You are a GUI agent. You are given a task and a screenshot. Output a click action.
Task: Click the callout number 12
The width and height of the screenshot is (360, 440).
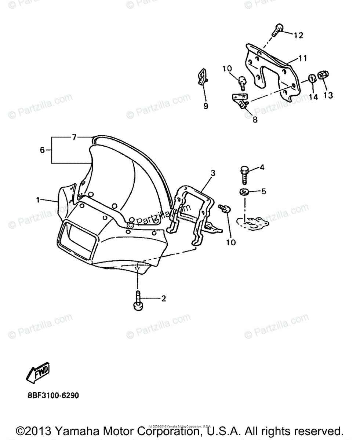(x=298, y=35)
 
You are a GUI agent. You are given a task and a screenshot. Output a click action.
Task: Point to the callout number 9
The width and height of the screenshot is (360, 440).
(x=206, y=106)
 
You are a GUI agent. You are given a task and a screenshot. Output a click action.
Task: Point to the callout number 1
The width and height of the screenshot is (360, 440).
(x=37, y=200)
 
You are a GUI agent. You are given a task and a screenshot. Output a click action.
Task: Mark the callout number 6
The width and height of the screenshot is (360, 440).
(x=42, y=150)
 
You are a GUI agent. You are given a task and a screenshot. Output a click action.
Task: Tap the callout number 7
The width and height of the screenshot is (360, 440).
(x=74, y=137)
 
